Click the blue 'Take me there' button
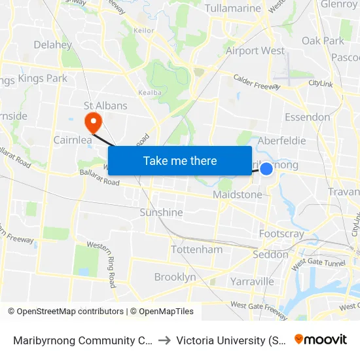pos(180,161)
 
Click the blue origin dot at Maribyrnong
pos(266,169)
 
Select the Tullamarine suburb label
pos(234,9)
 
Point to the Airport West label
pos(255,50)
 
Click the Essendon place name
pos(307,117)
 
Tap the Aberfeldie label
pos(282,141)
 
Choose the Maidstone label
pos(237,194)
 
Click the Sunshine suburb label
pos(161,212)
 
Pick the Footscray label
pos(281,234)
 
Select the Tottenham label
pos(196,249)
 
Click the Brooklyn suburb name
pos(175,277)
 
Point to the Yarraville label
pos(252,281)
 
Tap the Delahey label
pos(52,45)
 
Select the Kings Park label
pos(43,79)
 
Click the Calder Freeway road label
pos(257,82)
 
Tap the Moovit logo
pos(320,339)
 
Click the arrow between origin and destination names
pos(164,340)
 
